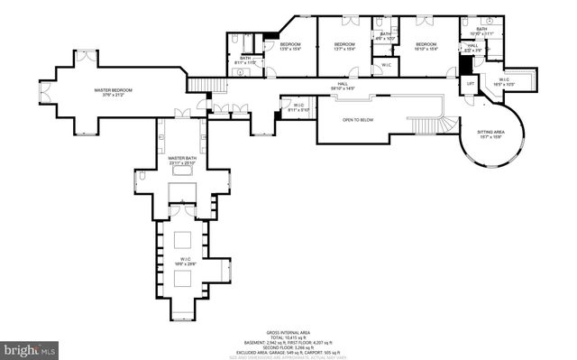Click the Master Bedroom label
click(114, 90)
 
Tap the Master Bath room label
click(182, 159)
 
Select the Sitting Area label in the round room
click(490, 132)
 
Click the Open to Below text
click(358, 120)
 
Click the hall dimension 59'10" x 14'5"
click(336, 88)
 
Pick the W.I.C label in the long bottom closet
click(185, 259)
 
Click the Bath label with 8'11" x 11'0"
click(245, 60)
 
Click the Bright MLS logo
click(30, 348)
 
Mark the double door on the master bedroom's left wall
click(41, 90)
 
